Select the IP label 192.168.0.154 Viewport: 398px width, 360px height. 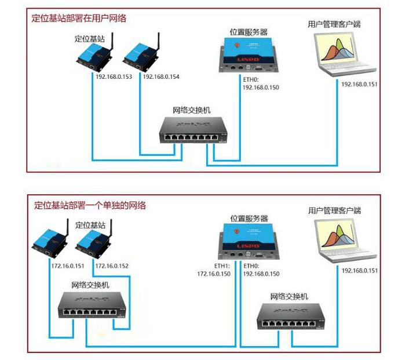[162, 77]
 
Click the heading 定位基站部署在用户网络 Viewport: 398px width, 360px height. [79, 18]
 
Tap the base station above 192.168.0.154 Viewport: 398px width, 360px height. [140, 57]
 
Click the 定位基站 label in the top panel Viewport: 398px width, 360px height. [90, 39]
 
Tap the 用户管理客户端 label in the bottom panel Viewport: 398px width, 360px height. [335, 211]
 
